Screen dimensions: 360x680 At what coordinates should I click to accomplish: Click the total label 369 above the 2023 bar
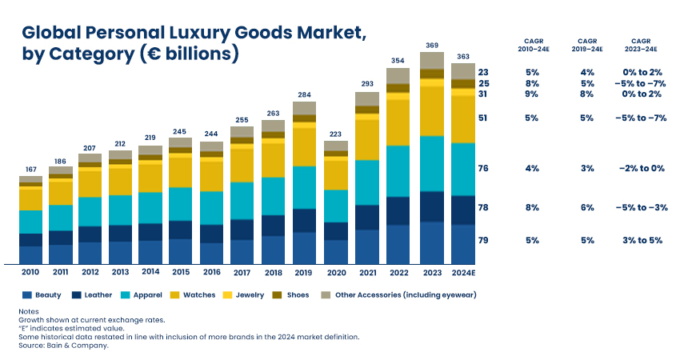click(x=432, y=45)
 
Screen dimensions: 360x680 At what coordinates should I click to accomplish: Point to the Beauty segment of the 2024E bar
click(x=462, y=244)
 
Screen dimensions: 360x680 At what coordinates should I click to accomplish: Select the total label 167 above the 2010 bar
click(x=31, y=169)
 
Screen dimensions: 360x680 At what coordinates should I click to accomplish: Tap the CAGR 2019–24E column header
click(x=587, y=46)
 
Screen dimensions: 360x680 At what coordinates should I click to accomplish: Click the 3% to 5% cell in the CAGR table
click(x=641, y=240)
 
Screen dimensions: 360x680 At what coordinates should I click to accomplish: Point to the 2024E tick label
click(x=462, y=273)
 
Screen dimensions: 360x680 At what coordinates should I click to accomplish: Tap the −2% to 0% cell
click(x=641, y=168)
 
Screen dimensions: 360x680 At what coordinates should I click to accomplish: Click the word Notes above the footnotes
click(x=29, y=310)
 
